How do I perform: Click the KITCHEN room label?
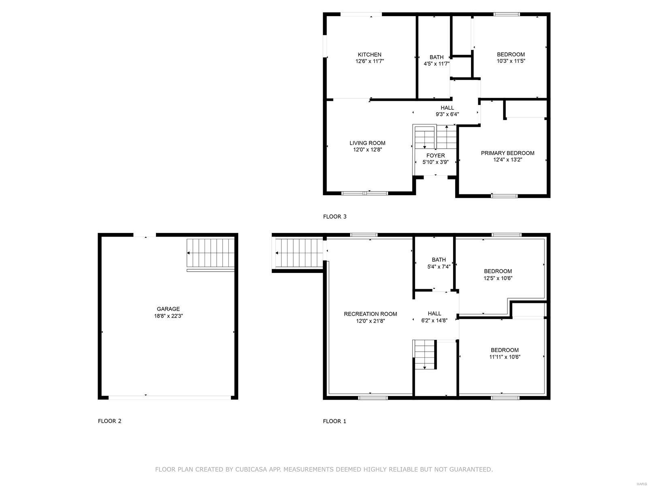click(369, 55)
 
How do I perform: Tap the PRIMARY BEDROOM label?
click(507, 153)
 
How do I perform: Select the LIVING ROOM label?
click(367, 143)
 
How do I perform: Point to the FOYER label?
click(435, 156)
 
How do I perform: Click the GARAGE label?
click(168, 309)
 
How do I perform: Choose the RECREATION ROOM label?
click(370, 314)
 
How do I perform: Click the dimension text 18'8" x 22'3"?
click(168, 316)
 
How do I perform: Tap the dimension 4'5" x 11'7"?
click(436, 64)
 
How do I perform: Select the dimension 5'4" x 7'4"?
click(439, 266)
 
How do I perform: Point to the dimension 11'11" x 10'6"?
click(505, 357)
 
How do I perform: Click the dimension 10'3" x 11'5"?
click(511, 61)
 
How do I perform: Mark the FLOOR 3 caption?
click(335, 217)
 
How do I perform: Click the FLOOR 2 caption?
click(109, 421)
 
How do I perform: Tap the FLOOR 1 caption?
click(335, 421)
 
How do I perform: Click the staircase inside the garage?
click(211, 253)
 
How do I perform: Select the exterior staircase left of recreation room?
click(299, 253)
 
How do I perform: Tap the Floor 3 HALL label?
click(447, 108)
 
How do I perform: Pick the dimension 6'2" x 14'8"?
click(434, 320)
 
